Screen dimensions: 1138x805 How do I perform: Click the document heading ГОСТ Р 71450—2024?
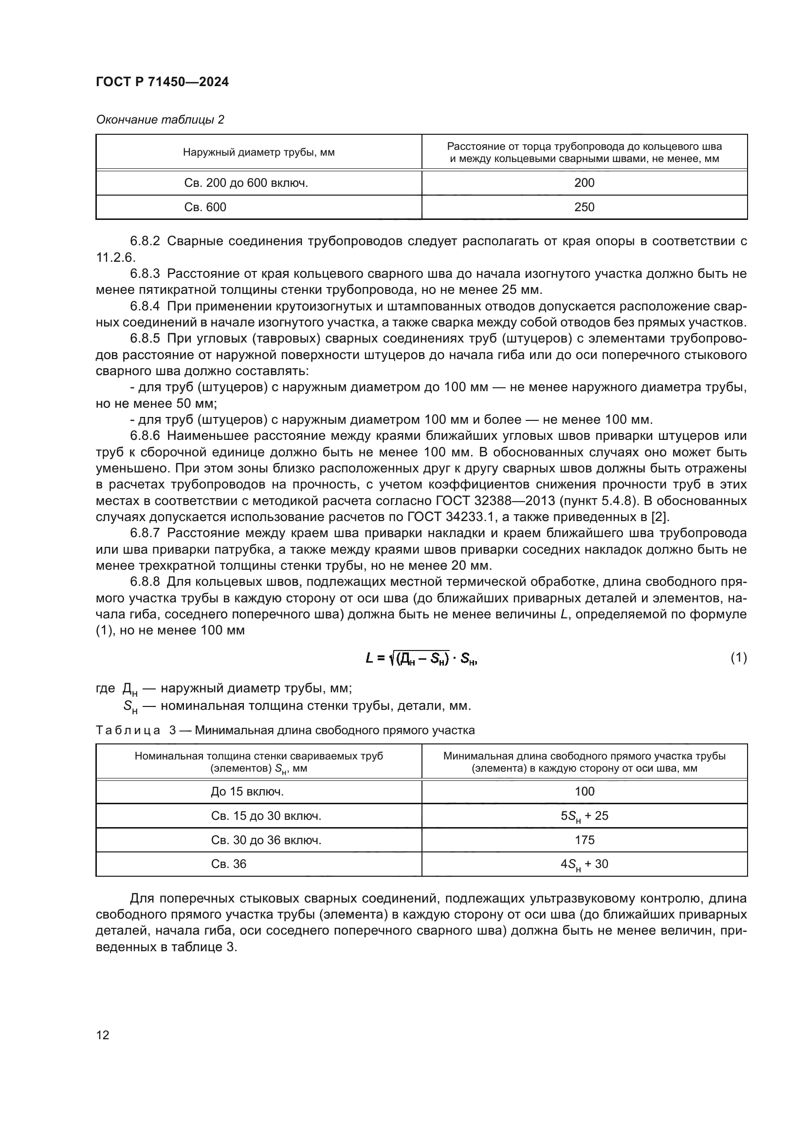[x=162, y=82]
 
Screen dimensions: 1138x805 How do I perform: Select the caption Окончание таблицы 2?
[x=160, y=120]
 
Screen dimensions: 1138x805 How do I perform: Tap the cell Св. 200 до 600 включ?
[x=246, y=183]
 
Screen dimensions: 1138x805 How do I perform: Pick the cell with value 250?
[x=584, y=207]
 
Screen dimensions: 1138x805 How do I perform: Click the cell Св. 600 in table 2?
[x=205, y=207]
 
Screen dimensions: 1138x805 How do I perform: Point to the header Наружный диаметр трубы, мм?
[x=258, y=152]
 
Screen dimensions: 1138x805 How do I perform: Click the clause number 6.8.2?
[x=145, y=241]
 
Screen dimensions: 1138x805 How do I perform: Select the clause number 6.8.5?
[x=145, y=339]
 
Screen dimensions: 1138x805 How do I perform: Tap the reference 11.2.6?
[x=115, y=257]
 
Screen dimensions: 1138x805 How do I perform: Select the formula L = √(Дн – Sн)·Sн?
[x=421, y=658]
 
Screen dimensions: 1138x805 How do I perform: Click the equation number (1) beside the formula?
[x=738, y=658]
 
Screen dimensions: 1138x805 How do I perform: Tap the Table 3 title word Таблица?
[x=128, y=730]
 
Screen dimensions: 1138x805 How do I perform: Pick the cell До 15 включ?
[x=247, y=792]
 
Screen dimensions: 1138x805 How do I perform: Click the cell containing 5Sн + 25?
[x=584, y=816]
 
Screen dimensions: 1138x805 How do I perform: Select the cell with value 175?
[x=584, y=840]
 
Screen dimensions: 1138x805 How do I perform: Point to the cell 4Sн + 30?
[x=584, y=865]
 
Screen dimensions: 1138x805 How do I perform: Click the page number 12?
[x=103, y=1035]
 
